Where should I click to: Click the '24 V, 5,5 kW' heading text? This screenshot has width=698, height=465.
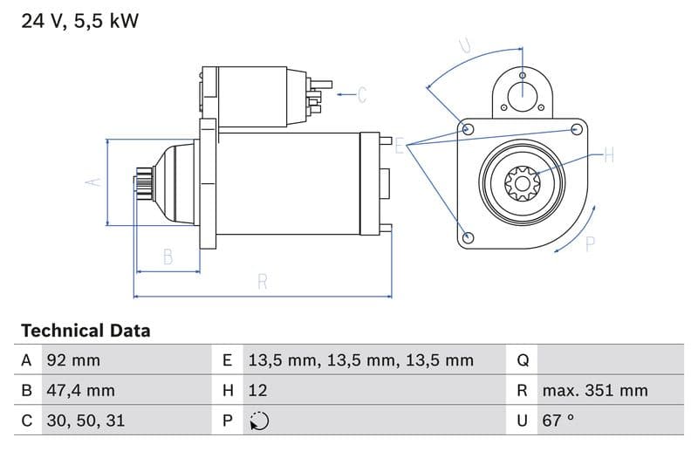click(x=79, y=21)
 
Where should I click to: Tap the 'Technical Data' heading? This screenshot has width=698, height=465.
click(x=86, y=331)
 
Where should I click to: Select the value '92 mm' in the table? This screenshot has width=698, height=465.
click(x=73, y=360)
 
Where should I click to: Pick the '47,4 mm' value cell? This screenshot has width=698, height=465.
click(x=80, y=390)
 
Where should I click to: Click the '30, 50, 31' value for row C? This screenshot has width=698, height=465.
click(x=86, y=420)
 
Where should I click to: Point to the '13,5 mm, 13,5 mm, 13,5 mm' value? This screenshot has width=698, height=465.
click(x=360, y=360)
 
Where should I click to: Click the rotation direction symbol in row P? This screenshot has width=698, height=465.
click(x=258, y=421)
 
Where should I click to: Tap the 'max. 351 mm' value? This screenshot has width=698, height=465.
click(x=594, y=390)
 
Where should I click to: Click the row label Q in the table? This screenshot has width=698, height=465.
click(x=523, y=360)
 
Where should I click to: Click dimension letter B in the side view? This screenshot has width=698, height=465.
click(x=168, y=256)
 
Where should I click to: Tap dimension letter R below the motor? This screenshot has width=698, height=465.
click(x=262, y=282)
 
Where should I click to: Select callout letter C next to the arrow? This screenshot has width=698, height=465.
click(x=362, y=94)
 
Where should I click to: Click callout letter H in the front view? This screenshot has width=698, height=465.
click(x=608, y=156)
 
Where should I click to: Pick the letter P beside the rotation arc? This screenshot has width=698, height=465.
click(x=590, y=244)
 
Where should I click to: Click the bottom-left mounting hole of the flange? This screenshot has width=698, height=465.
click(x=469, y=237)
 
